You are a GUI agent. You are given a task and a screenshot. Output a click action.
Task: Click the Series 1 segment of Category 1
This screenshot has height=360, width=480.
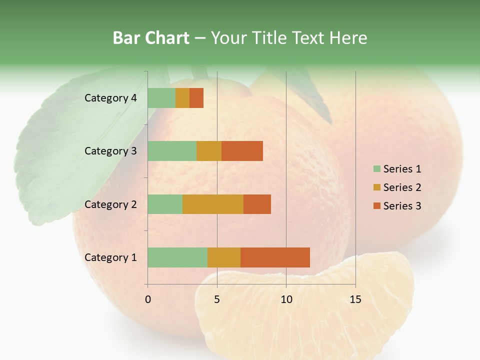pyautogui.click(x=177, y=257)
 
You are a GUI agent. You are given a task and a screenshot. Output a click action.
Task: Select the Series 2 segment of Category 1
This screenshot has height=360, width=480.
pyautogui.click(x=224, y=257)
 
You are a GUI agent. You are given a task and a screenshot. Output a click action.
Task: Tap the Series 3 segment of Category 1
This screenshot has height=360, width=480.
pyautogui.click(x=275, y=257)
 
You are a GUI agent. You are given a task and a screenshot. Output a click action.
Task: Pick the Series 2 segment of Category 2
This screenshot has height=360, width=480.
pyautogui.click(x=213, y=204)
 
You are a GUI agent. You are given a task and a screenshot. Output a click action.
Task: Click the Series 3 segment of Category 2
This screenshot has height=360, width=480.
pyautogui.click(x=257, y=204)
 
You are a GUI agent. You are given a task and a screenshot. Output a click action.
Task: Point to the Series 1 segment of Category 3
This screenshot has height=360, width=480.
pyautogui.click(x=172, y=151)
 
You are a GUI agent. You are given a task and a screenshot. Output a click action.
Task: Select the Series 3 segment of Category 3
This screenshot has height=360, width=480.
pyautogui.click(x=242, y=151)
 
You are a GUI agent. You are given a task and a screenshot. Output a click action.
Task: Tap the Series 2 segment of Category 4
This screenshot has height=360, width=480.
pyautogui.click(x=182, y=98)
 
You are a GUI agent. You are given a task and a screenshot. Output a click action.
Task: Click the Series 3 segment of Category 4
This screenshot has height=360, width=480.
pyautogui.click(x=196, y=98)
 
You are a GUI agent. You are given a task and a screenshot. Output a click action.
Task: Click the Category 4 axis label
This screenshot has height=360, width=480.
pyautogui.click(x=110, y=98)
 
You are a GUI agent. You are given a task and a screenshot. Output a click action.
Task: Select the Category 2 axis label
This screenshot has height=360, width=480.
pyautogui.click(x=110, y=204)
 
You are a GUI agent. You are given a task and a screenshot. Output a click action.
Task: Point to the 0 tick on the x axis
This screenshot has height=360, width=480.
pyautogui.click(x=148, y=299)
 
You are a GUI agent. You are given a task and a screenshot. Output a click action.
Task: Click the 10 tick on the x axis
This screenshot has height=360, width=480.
pyautogui.click(x=286, y=299)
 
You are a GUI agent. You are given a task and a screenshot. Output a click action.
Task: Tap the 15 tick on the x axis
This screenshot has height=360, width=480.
pyautogui.click(x=355, y=299)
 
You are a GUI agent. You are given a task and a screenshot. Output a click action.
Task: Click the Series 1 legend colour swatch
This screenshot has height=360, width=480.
pyautogui.click(x=376, y=169)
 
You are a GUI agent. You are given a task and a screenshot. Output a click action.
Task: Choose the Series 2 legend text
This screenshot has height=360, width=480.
pyautogui.click(x=402, y=187)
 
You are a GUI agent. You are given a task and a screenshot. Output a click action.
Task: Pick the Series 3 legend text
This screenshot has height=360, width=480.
pyautogui.click(x=402, y=206)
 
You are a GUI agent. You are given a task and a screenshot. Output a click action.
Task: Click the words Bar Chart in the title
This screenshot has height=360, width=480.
pyautogui.click(x=151, y=38)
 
